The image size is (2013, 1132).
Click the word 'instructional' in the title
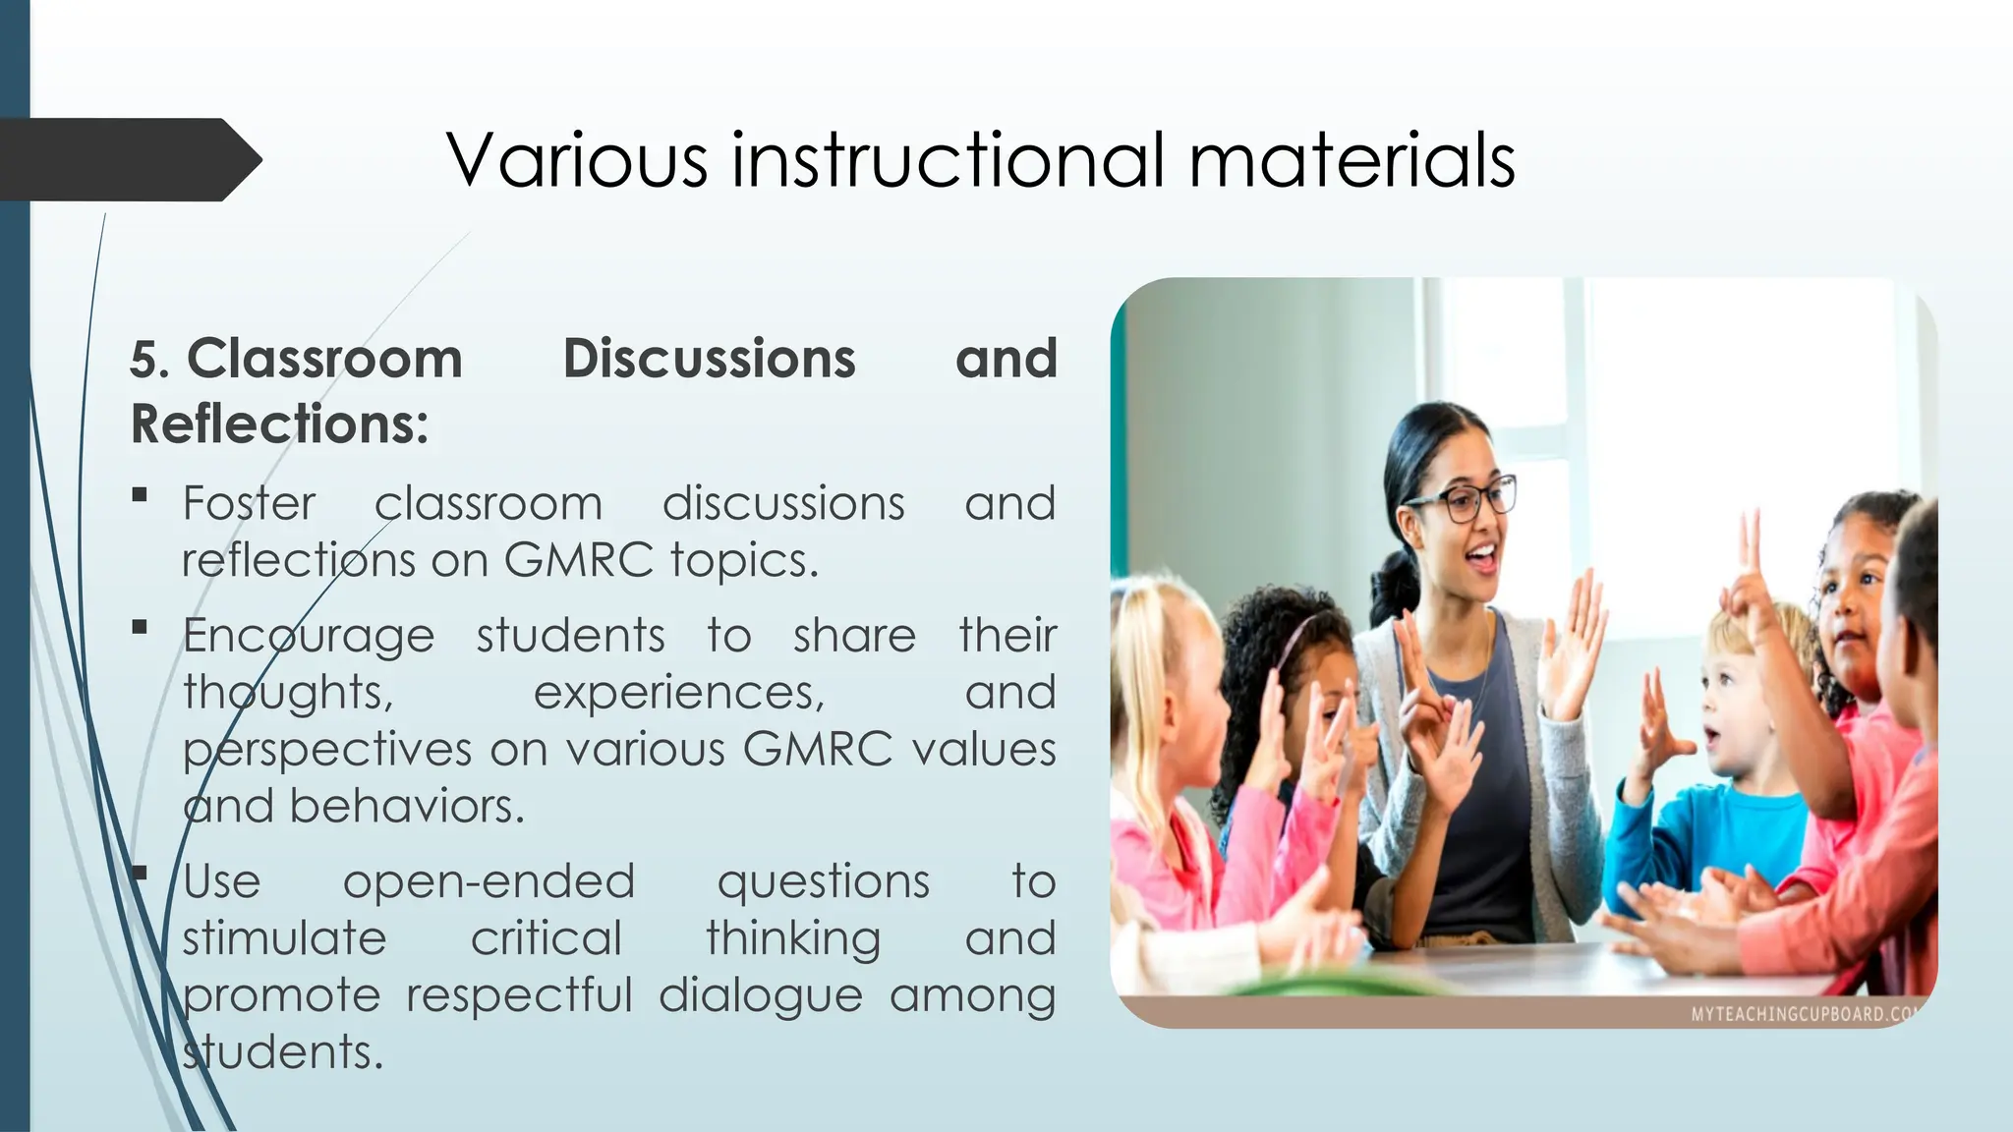(949, 159)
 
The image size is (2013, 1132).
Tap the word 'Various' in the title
(577, 159)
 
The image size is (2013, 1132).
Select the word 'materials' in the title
(1352, 159)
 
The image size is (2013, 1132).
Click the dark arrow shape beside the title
(128, 159)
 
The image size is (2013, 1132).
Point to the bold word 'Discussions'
(709, 359)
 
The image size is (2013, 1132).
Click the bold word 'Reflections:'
(279, 424)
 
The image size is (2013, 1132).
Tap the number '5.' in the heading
(150, 360)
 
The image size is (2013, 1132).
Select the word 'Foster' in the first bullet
(249, 503)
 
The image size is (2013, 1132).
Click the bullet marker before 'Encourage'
(140, 627)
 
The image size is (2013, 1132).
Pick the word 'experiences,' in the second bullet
(678, 693)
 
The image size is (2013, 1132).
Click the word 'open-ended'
(489, 880)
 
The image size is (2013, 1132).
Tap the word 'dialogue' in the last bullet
(760, 994)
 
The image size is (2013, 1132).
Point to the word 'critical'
(546, 937)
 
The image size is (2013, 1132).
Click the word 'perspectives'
(327, 750)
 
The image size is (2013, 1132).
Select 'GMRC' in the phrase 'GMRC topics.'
(578, 560)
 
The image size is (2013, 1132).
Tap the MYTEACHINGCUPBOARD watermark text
(1801, 1014)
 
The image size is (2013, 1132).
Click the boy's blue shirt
(1710, 835)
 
